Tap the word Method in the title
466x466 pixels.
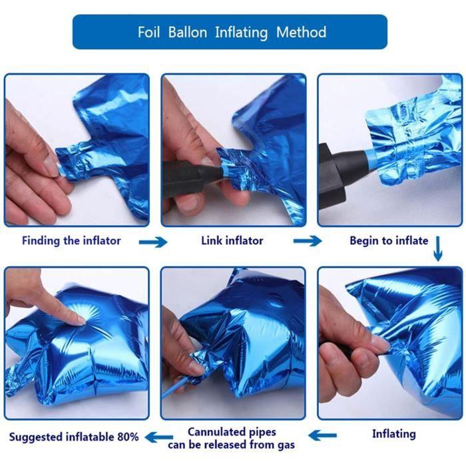(x=301, y=32)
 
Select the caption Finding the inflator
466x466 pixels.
(x=71, y=240)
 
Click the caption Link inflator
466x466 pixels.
(x=232, y=240)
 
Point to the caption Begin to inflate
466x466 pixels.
(x=389, y=240)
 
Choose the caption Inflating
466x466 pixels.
(x=393, y=434)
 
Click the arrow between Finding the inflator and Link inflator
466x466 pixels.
(x=153, y=242)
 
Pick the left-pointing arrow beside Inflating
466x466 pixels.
(x=322, y=436)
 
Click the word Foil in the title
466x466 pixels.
(x=149, y=32)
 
